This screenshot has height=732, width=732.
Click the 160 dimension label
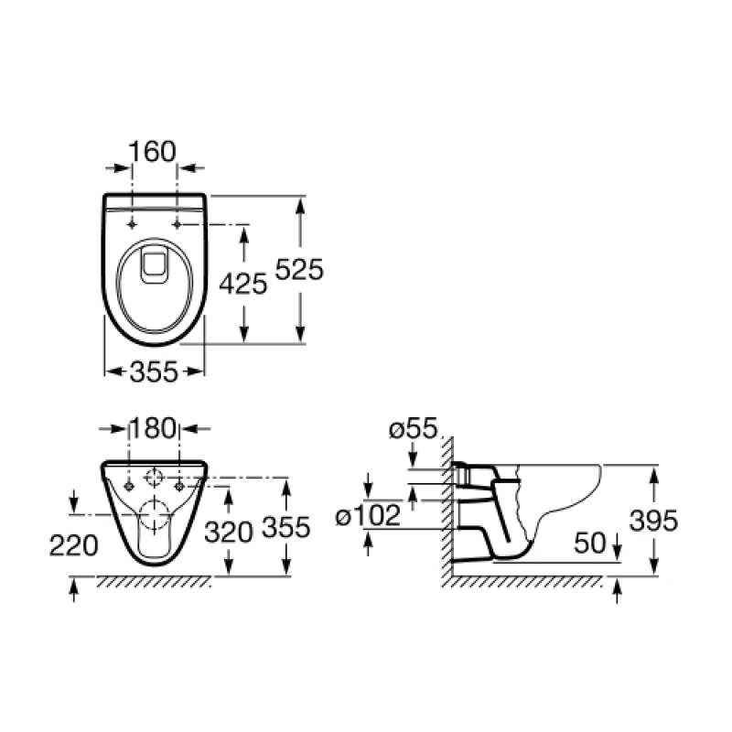152,151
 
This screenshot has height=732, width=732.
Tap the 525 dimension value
299,269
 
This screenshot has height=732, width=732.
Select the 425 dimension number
243,284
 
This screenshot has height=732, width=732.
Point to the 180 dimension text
153,428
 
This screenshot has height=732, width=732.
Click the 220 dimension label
74,545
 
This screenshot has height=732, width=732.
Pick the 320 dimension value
229,532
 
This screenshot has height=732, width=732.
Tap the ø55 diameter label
414,428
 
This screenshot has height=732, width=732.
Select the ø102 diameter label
369,515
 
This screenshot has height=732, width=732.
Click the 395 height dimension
653,520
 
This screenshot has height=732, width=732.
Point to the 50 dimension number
590,543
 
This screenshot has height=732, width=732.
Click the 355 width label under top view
154,372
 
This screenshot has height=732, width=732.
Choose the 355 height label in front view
286,527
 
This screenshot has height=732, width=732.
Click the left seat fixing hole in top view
133,224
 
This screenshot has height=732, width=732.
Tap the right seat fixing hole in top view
177,224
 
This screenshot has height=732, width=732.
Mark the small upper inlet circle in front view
154,477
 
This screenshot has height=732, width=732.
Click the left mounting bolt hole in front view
129,487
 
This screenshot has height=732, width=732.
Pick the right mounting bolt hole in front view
179,487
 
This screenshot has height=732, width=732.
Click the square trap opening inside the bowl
154,265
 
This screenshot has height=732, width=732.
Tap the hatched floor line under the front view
154,582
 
